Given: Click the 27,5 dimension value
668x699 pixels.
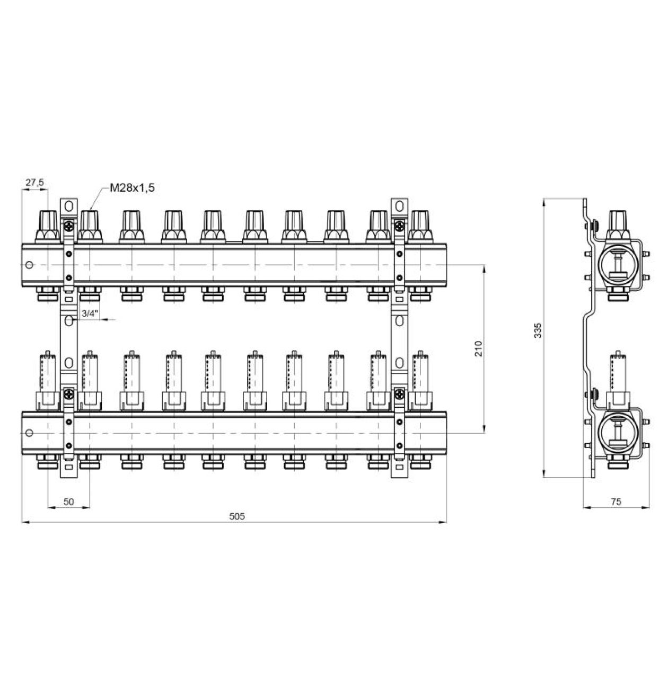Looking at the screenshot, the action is click(34, 183).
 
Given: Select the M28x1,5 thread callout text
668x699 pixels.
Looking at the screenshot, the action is click(132, 188).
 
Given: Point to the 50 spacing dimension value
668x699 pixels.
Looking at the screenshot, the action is click(69, 501).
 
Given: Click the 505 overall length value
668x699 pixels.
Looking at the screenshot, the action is click(237, 516).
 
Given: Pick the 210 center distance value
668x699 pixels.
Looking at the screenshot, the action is click(478, 349).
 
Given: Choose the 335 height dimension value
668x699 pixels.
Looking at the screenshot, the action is click(538, 330).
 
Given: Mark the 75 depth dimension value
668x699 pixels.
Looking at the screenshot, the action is click(616, 501).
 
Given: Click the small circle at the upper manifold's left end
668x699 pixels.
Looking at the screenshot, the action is click(30, 265).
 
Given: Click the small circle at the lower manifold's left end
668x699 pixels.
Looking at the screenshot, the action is click(30, 433).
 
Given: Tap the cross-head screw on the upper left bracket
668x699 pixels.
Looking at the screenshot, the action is click(69, 225).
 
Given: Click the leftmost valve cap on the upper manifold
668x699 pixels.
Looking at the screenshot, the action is click(47, 227).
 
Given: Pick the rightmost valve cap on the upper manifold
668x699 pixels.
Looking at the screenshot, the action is click(420, 227).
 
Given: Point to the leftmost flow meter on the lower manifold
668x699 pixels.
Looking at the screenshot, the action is click(47, 381).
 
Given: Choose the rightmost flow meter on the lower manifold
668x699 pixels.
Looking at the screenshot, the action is click(420, 381).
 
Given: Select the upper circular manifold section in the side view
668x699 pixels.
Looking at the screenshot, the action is click(619, 265).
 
